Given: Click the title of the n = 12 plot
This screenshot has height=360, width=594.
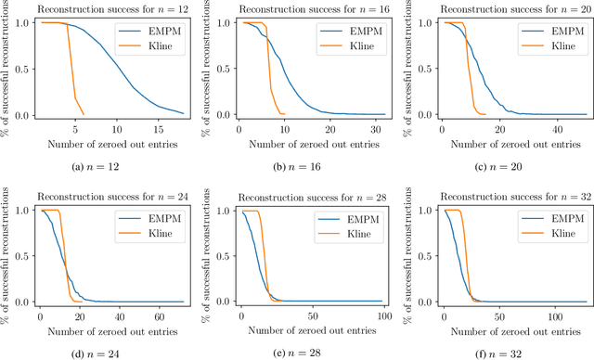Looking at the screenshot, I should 104,7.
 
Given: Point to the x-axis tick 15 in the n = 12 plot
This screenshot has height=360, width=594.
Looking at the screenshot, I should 158,127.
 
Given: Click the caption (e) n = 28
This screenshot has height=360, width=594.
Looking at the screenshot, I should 303,352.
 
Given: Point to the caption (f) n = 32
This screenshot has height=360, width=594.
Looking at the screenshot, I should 502,352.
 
